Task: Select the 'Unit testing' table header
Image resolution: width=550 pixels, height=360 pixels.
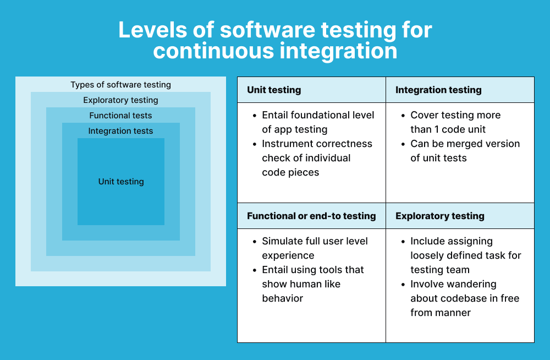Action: click(x=274, y=90)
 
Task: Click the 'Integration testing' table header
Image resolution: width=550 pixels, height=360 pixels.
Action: click(x=438, y=90)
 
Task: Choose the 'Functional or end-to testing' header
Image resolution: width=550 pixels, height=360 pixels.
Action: click(x=311, y=216)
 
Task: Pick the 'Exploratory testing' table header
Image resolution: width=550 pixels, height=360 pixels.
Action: click(x=440, y=216)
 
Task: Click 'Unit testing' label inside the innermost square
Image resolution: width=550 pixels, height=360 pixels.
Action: click(x=121, y=182)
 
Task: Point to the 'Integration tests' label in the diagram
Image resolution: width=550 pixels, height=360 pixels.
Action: click(x=120, y=131)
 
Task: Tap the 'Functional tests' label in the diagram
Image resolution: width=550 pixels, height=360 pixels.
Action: click(x=120, y=116)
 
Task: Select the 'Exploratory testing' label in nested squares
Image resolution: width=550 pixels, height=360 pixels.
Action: click(x=120, y=100)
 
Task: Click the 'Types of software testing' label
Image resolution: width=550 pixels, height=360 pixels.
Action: click(x=120, y=85)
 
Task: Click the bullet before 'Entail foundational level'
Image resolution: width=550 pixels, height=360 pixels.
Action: click(x=254, y=116)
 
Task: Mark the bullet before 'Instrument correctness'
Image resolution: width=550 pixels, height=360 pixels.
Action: click(x=254, y=144)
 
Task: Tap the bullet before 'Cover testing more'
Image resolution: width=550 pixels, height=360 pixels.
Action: click(x=402, y=116)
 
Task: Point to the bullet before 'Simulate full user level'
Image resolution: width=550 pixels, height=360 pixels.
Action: click(x=254, y=242)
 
